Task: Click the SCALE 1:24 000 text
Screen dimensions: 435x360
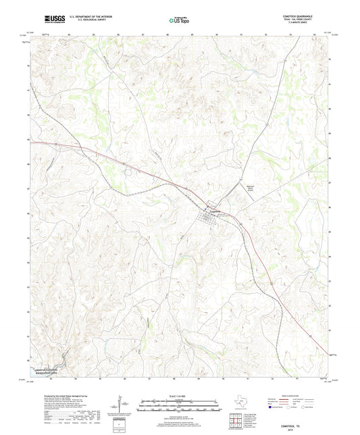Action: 180,395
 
